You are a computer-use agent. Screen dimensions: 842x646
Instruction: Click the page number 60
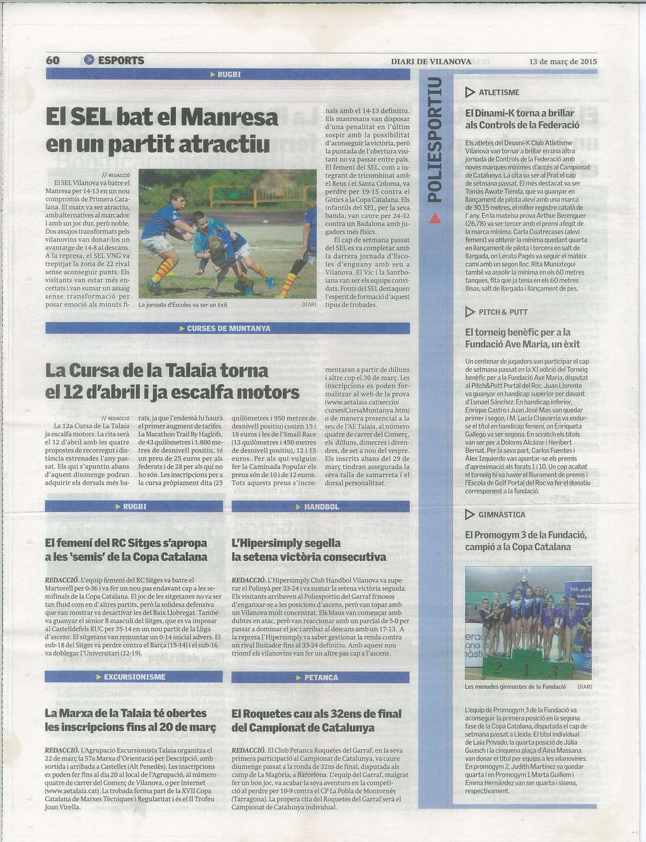tap(53, 61)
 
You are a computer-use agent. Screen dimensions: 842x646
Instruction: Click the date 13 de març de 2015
tap(563, 62)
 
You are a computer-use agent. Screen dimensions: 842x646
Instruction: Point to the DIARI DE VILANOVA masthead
tap(431, 62)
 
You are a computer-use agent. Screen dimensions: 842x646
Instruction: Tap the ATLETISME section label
tap(499, 93)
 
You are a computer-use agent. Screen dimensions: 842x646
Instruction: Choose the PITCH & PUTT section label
tap(503, 312)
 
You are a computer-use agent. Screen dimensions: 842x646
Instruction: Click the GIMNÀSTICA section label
tap(502, 514)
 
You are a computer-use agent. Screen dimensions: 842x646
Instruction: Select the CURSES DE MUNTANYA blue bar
tap(228, 328)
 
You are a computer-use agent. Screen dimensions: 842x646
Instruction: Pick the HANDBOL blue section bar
tap(321, 507)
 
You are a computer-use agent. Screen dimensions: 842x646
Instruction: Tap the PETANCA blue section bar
tap(321, 678)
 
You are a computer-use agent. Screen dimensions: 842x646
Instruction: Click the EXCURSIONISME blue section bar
tap(134, 677)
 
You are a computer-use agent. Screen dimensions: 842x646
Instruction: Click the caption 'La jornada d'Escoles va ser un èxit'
tap(183, 304)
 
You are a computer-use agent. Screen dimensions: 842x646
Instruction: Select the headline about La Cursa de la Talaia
tap(172, 381)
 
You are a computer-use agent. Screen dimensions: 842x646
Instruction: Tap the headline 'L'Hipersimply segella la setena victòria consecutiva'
tap(309, 550)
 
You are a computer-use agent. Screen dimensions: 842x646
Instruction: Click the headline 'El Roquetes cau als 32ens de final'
tap(316, 720)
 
